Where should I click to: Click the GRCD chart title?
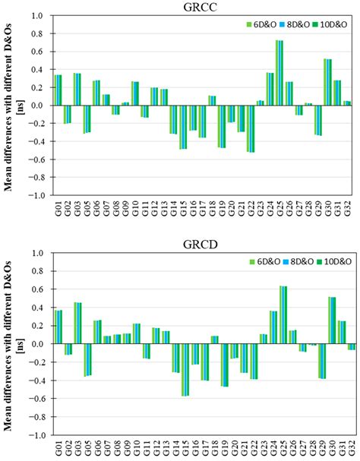[201, 244]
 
